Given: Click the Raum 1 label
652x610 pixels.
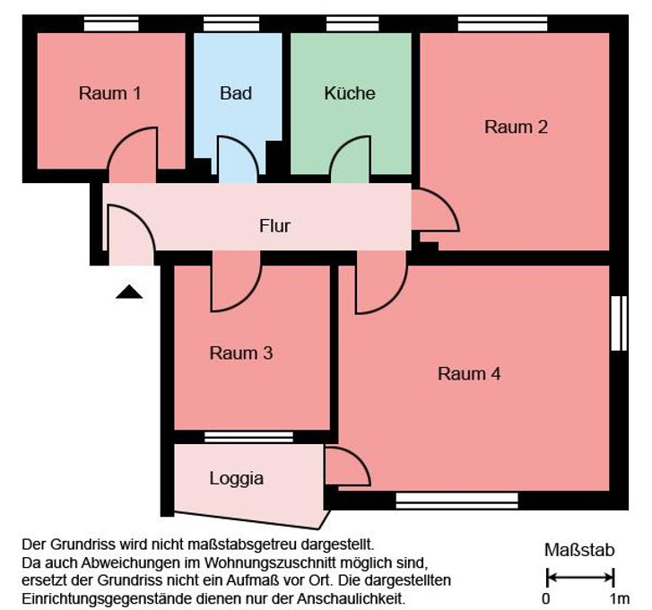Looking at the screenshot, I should (110, 93).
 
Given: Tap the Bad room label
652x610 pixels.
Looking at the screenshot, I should (236, 93).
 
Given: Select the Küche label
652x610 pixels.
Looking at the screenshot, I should (350, 93).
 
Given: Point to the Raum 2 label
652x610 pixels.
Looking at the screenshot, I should (516, 127).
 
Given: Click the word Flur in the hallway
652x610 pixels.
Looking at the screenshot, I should (274, 226).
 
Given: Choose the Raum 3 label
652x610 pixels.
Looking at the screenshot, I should (240, 353).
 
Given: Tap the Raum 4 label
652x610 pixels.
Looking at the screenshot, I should (469, 374).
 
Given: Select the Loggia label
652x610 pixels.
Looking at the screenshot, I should (237, 478).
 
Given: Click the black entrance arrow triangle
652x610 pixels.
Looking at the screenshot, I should (129, 292).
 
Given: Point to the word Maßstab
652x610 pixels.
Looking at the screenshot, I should (580, 551).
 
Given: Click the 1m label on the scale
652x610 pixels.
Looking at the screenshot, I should (619, 598).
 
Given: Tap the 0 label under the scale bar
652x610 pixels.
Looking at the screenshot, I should (546, 598).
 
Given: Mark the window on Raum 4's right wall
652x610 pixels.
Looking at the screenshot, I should (617, 323).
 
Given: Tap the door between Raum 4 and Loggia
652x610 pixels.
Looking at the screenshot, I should (344, 466).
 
